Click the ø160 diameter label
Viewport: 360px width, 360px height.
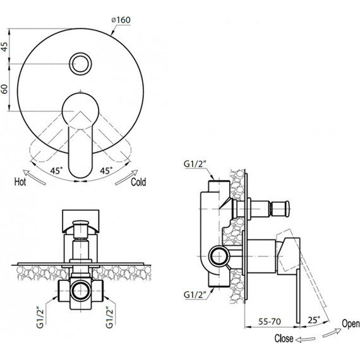pos(121,20)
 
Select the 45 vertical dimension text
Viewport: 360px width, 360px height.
pos(4,46)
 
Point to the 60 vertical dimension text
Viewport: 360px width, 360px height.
pos(4,89)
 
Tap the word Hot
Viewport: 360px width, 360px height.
pos(20,182)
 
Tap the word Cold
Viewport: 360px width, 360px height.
pos(138,182)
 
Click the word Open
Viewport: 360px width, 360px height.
pos(351,324)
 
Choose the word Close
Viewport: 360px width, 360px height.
pos(284,339)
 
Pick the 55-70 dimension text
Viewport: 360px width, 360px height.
pos(270,321)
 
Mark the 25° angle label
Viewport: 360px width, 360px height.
pos(314,320)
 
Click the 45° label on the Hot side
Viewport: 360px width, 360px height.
pos(56,171)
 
